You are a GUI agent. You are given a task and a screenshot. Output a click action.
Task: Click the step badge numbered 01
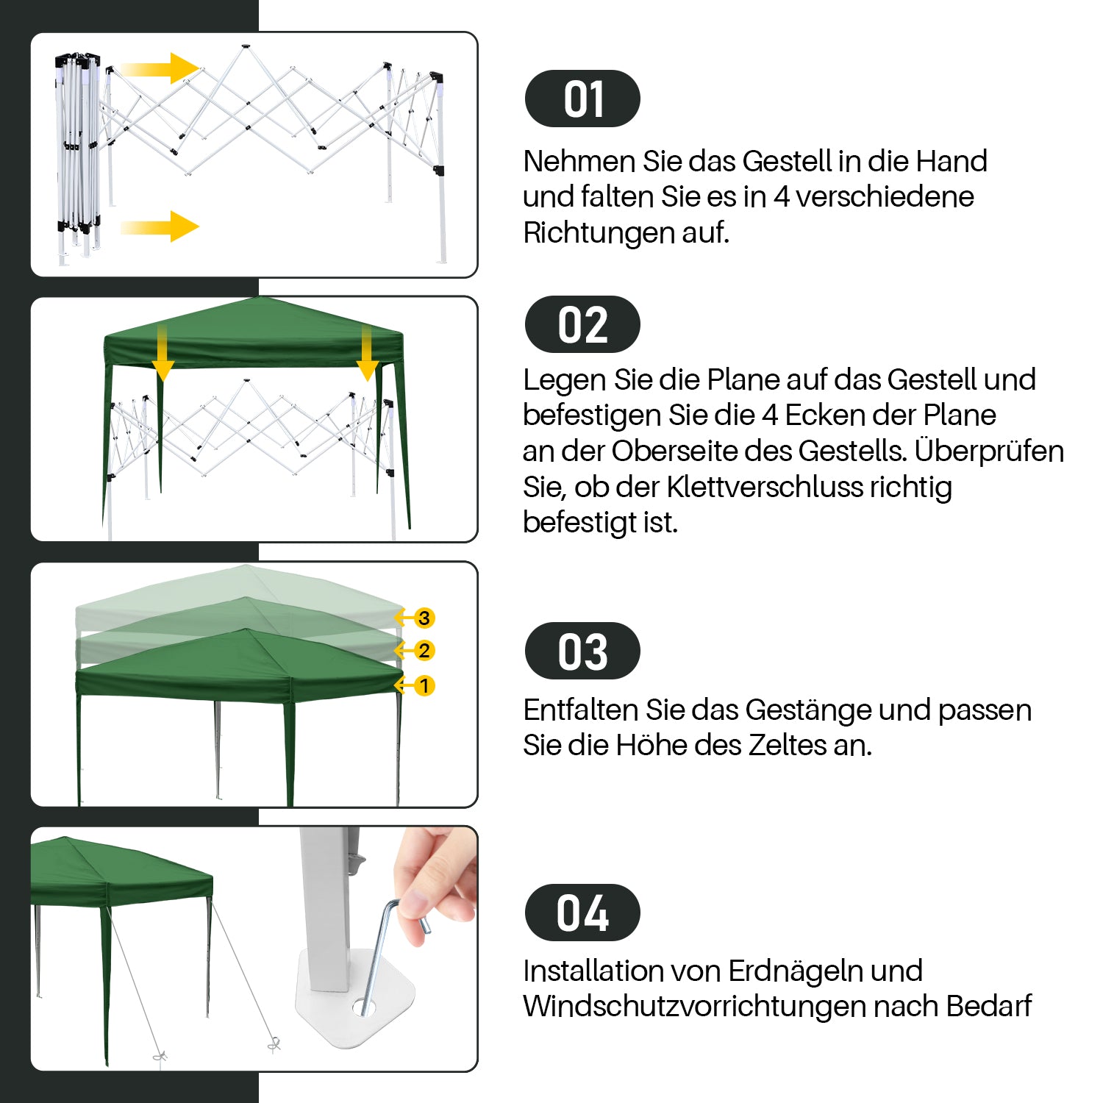[582, 99]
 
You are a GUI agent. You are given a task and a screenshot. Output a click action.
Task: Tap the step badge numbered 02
[582, 324]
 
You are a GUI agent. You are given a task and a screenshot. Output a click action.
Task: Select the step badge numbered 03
[582, 651]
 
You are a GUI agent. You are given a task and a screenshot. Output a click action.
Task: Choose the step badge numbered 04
[582, 913]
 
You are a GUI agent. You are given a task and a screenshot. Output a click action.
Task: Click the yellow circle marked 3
[424, 618]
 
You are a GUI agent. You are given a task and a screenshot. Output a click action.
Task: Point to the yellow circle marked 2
[424, 651]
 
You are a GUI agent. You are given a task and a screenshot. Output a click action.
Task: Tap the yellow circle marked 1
[424, 686]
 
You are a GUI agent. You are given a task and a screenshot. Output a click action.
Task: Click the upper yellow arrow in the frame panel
[160, 68]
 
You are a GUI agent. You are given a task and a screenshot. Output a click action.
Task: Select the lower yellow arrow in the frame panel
[160, 226]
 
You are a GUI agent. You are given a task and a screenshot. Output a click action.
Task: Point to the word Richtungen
[598, 232]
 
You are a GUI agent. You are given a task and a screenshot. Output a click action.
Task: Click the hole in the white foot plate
[363, 1007]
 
